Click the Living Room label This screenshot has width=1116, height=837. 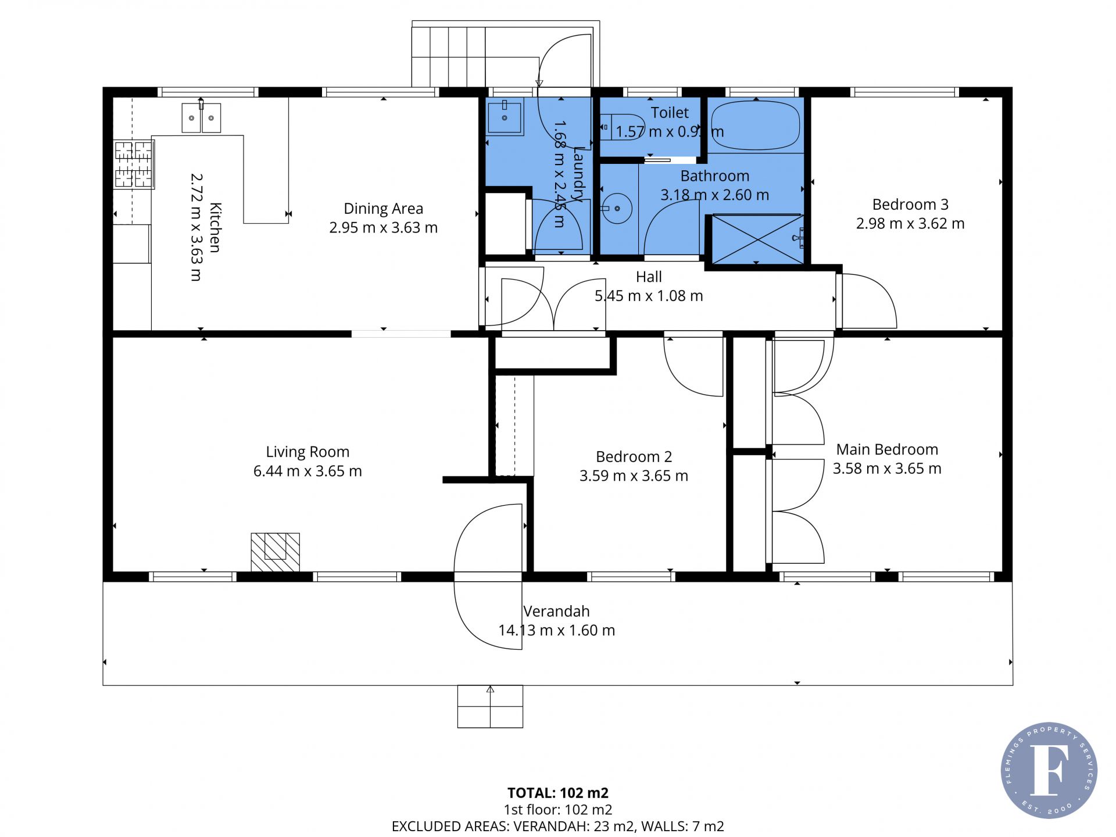(307, 452)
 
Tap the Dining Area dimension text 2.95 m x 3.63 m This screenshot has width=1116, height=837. (383, 228)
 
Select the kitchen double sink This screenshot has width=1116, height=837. (201, 117)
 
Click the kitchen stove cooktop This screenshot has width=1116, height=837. (134, 164)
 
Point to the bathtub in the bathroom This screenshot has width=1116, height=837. (756, 126)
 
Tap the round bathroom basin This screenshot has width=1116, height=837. (616, 208)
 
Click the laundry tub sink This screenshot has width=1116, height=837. (505, 116)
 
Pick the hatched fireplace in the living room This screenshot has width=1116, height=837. (275, 552)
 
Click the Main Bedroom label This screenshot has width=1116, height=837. (887, 449)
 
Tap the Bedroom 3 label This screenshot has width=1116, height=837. (910, 205)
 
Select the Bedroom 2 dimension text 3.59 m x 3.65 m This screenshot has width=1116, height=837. (634, 476)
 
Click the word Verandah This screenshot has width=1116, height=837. (556, 611)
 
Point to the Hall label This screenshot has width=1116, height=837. (649, 277)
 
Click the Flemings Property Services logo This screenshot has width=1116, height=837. (1049, 770)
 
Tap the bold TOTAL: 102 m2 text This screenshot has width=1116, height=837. (558, 793)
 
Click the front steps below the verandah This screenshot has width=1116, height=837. (490, 706)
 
